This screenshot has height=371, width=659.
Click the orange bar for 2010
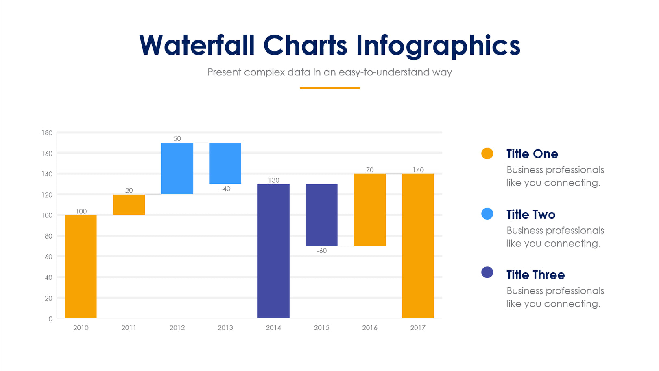coord(81,266)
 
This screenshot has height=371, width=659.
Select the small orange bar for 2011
coord(129,204)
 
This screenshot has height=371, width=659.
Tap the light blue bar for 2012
coord(177,168)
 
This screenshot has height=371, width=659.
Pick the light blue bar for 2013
coord(225,163)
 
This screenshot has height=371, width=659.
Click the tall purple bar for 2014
coord(273,251)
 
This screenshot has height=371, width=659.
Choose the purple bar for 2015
coord(321,215)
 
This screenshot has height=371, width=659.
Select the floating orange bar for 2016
coord(370,210)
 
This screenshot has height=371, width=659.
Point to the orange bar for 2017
coord(418,246)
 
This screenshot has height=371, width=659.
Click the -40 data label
coord(225,189)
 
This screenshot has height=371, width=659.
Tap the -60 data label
coord(321,251)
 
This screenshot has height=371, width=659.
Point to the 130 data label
coord(273,180)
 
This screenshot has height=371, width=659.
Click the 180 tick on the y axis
coord(47,133)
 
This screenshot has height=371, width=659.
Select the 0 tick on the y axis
coord(50,319)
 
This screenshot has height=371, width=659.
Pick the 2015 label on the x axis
coord(321,328)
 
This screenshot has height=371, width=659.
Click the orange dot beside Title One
coord(487,154)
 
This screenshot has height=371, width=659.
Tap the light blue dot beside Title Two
coord(487,214)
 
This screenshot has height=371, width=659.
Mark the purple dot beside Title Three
coord(487,272)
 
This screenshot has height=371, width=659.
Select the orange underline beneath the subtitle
coord(329,88)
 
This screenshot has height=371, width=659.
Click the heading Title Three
coord(535,275)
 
